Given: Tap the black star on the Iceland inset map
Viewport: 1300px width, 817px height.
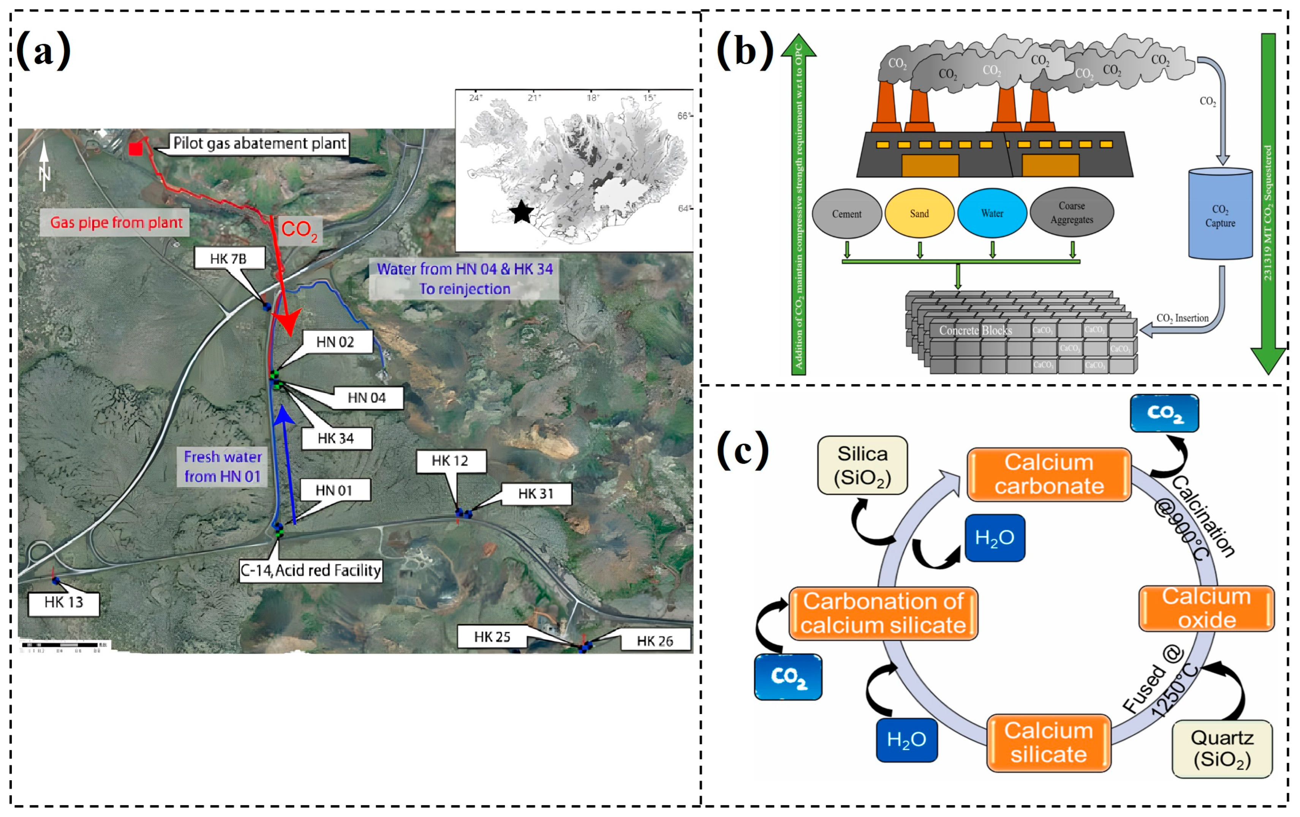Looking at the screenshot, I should pyautogui.click(x=522, y=212).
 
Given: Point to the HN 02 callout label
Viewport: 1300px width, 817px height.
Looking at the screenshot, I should pyautogui.click(x=336, y=342).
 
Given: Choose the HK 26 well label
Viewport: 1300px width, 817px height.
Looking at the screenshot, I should pyautogui.click(x=655, y=640).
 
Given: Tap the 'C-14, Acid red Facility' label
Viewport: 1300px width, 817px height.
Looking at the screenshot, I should pyautogui.click(x=311, y=570).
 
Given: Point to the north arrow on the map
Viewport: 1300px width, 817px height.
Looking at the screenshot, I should pyautogui.click(x=44, y=165).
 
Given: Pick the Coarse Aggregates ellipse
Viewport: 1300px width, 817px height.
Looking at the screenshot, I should pyautogui.click(x=1072, y=213).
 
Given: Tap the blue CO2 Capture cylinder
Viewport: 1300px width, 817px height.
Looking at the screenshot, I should pyautogui.click(x=1220, y=215).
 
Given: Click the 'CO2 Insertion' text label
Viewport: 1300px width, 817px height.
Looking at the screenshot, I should pyautogui.click(x=1182, y=319).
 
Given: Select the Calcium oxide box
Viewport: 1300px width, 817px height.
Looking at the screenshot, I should pyautogui.click(x=1207, y=608).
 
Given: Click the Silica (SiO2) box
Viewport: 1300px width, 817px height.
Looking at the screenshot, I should pyautogui.click(x=862, y=465).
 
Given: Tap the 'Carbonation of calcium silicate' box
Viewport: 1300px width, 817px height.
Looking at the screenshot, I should pyautogui.click(x=883, y=614).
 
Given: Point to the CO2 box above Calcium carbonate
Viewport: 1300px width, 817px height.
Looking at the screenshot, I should pyautogui.click(x=1164, y=413).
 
